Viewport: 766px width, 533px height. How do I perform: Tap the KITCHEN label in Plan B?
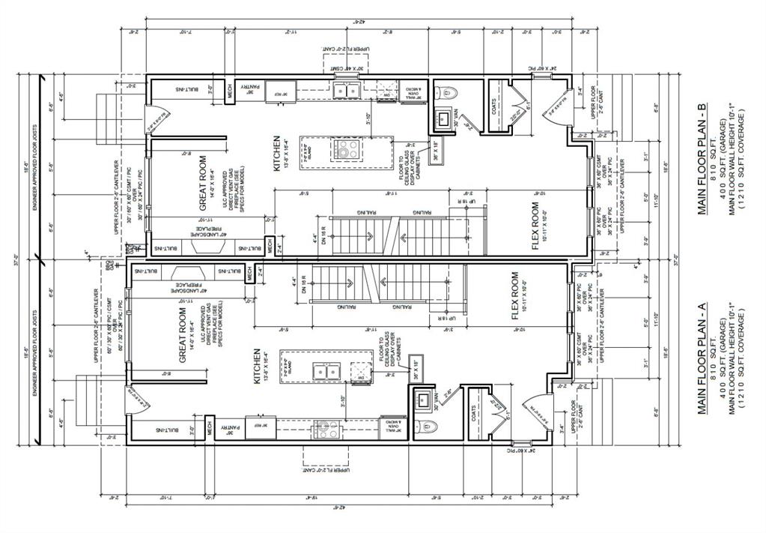click(x=276, y=154)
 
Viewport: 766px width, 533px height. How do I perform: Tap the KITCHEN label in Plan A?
click(x=257, y=367)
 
